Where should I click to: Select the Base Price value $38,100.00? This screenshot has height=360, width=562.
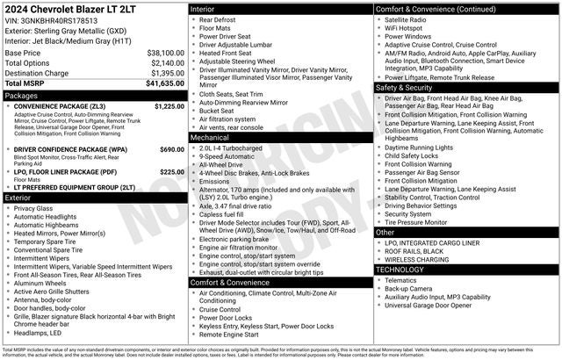pyautogui.click(x=165, y=53)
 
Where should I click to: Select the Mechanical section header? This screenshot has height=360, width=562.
pyautogui.click(x=210, y=138)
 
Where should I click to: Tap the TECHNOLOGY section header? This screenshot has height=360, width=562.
pyautogui.click(x=400, y=270)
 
